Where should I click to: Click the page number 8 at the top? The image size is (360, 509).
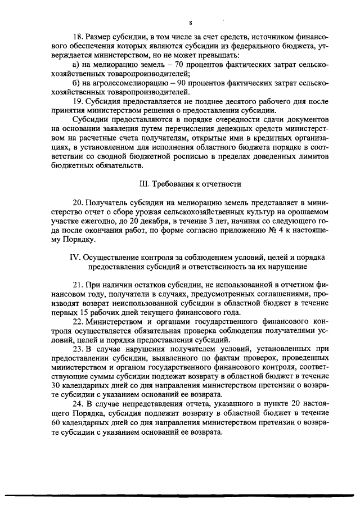pyautogui.click(x=191, y=22)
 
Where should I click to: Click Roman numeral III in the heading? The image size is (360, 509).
pyautogui.click(x=142, y=183)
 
